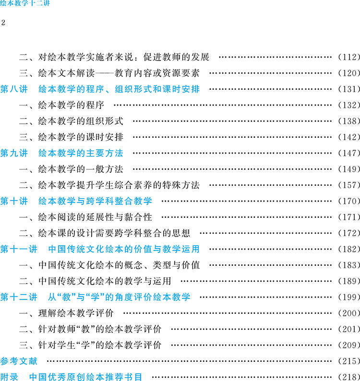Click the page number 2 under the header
click(4, 23)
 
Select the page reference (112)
click(348, 57)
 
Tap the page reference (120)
click(348, 73)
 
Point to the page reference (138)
click(348, 121)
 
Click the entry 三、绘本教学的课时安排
click(71, 137)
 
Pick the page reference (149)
click(348, 169)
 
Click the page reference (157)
click(348, 185)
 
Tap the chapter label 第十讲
click(14, 202)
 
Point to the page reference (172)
click(348, 234)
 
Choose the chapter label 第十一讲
click(19, 250)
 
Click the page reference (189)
click(348, 282)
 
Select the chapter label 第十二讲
click(19, 298)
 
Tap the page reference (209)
click(348, 345)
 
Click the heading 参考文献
click(19, 361)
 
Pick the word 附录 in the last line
click(10, 377)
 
